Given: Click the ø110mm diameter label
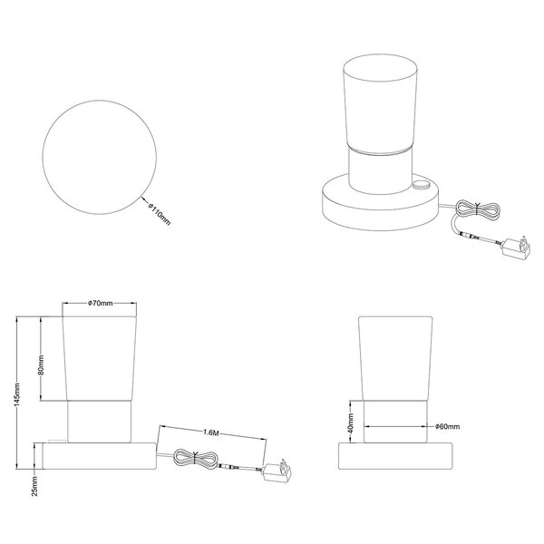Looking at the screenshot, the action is pyautogui.click(x=160, y=214).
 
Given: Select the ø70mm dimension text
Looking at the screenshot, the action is pyautogui.click(x=101, y=303).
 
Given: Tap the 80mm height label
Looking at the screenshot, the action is pyautogui.click(x=41, y=364).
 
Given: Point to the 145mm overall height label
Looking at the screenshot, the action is pyautogui.click(x=17, y=394).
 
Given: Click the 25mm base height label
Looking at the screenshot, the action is pyautogui.click(x=34, y=486).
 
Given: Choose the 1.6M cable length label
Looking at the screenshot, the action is pyautogui.click(x=211, y=432).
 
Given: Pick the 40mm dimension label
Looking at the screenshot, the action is pyautogui.click(x=351, y=423).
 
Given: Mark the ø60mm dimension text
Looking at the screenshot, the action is pyautogui.click(x=448, y=426).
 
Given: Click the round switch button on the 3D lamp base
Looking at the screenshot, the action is pyautogui.click(x=421, y=185).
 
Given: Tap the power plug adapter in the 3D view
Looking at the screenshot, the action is pyautogui.click(x=516, y=247).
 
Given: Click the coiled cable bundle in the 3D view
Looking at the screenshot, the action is pyautogui.click(x=478, y=209).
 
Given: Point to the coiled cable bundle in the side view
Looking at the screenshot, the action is pyautogui.click(x=195, y=459).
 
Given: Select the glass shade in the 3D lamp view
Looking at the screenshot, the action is pyautogui.click(x=380, y=104).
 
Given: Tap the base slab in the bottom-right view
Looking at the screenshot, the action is pyautogui.click(x=395, y=456).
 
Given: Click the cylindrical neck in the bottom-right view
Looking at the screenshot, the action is pyautogui.click(x=395, y=422).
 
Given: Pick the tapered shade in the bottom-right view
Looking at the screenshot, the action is pyautogui.click(x=395, y=358).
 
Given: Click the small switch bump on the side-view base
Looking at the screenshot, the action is pyautogui.click(x=57, y=441).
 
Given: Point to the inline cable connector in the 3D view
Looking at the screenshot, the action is pyautogui.click(x=470, y=237).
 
